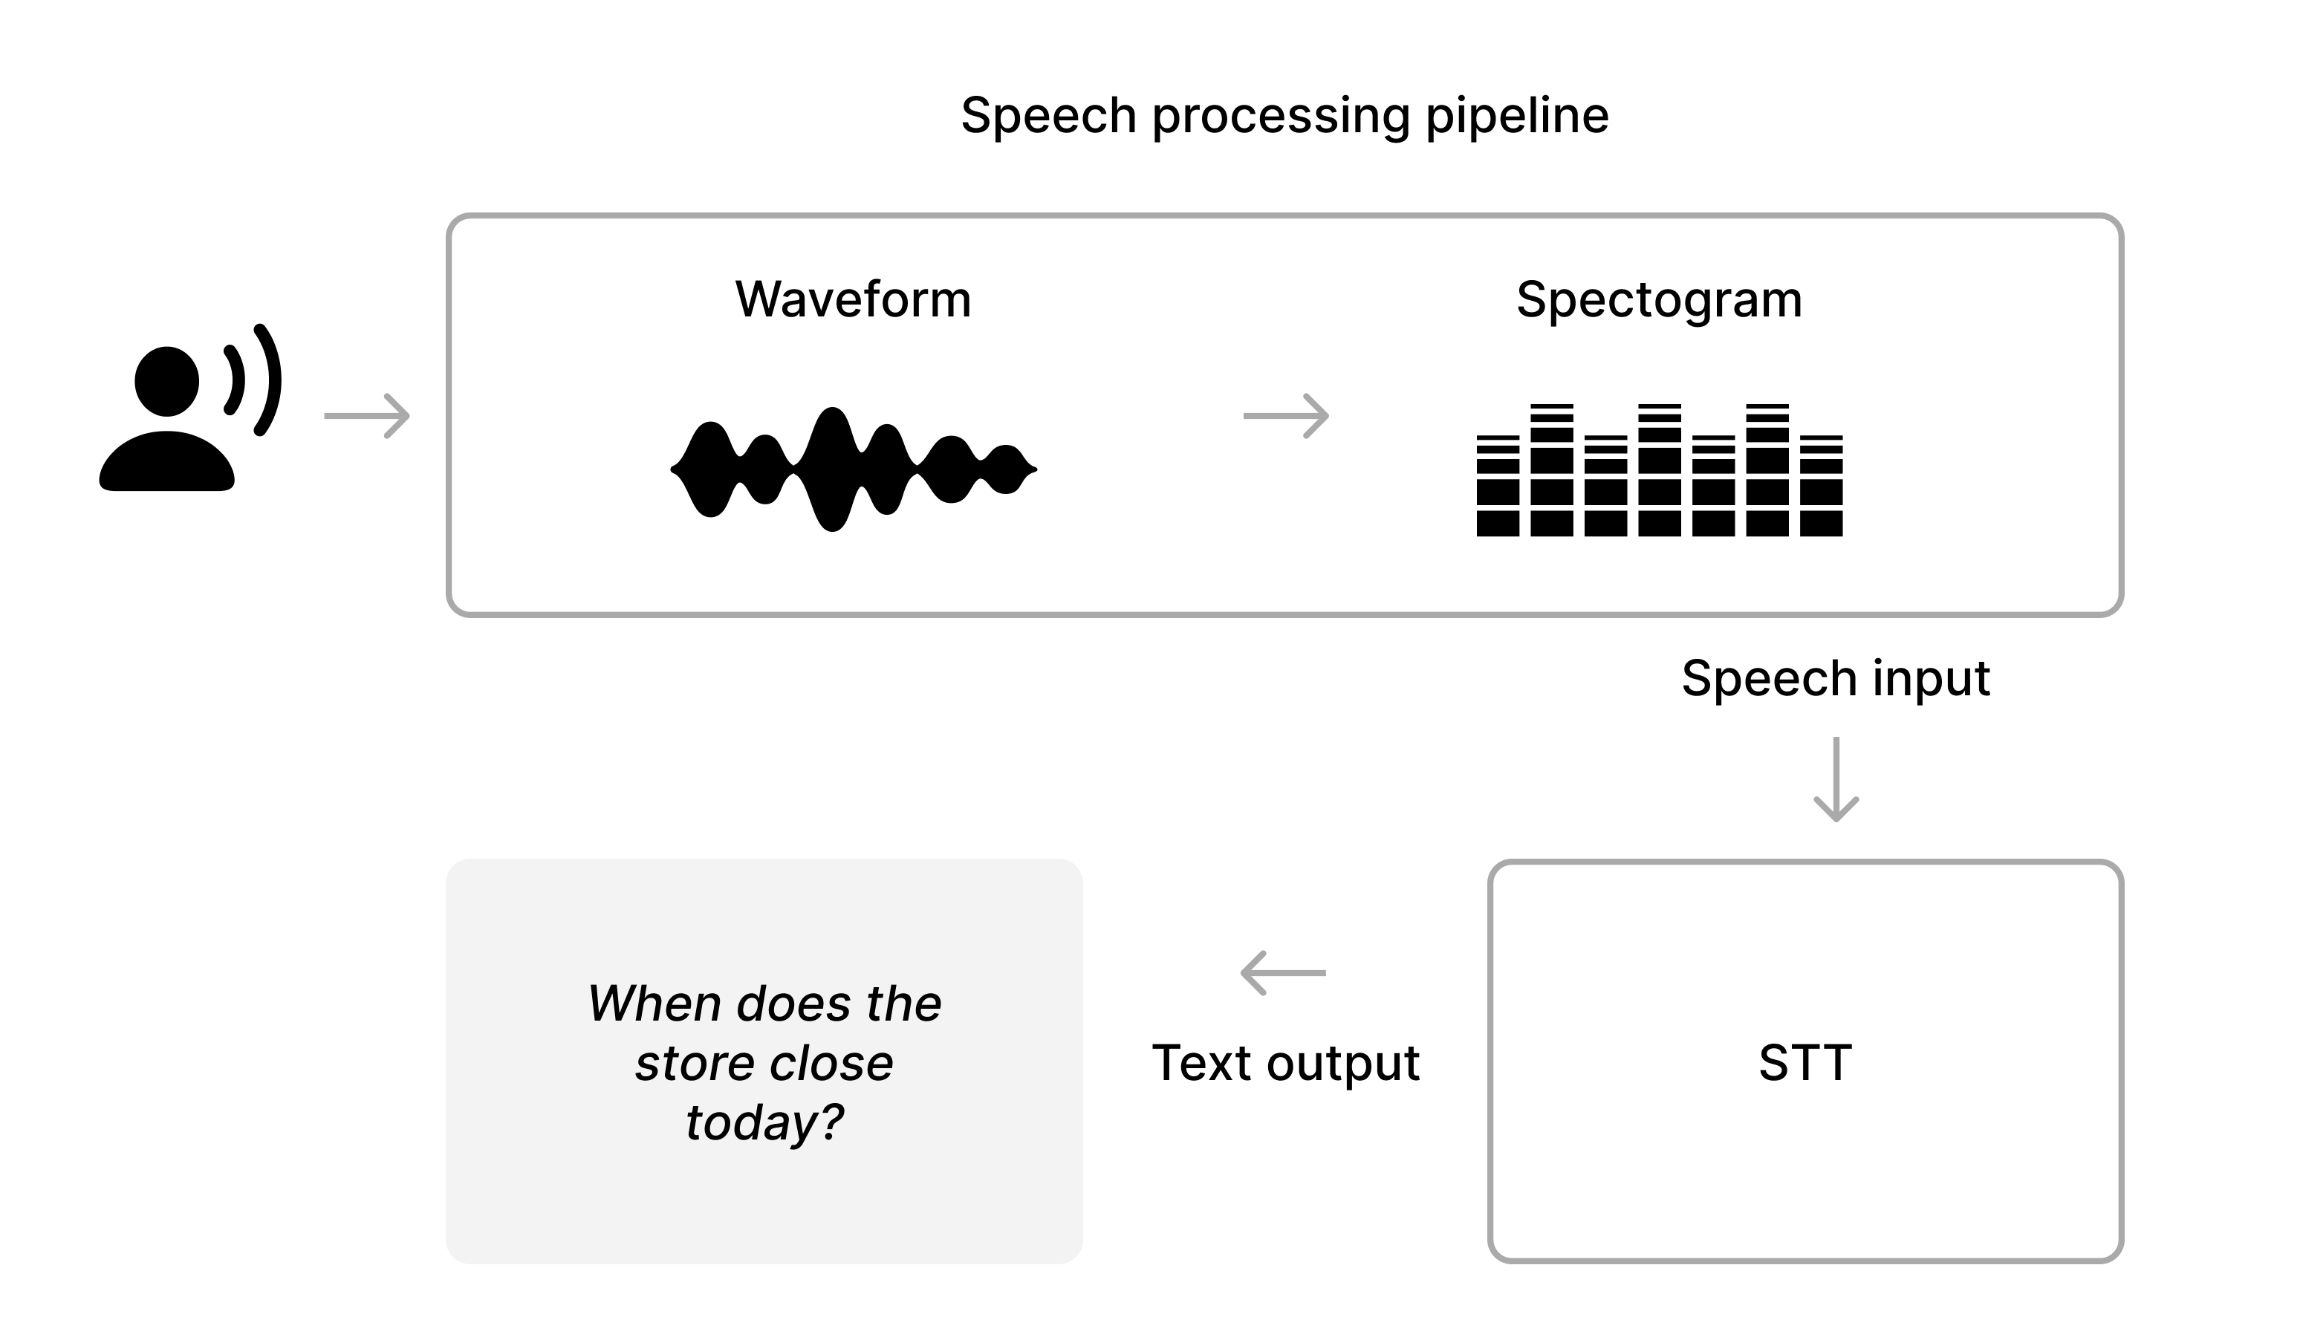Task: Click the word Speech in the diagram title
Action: (x=1048, y=116)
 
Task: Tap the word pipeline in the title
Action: (x=1517, y=116)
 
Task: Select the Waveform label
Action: (x=853, y=299)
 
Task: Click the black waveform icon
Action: (x=853, y=469)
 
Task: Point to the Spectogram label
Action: (x=1659, y=299)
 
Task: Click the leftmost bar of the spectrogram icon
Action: (x=1498, y=489)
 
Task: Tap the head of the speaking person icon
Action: (x=166, y=381)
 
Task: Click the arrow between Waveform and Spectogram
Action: (x=1286, y=416)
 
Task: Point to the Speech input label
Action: (x=1835, y=678)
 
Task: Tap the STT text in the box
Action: (x=1805, y=1062)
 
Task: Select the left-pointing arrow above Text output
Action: (x=1283, y=973)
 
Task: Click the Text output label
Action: (x=1286, y=1062)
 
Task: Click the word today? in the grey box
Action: (x=764, y=1123)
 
